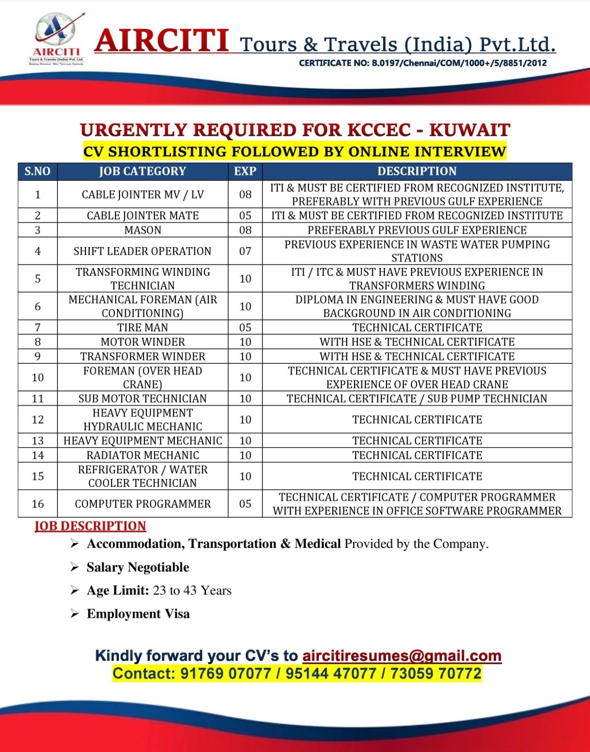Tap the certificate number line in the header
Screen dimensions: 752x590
(423, 63)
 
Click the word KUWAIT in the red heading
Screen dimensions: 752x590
(469, 130)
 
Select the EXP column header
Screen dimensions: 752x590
(245, 171)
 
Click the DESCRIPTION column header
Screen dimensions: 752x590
(417, 171)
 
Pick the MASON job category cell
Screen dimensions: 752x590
(142, 230)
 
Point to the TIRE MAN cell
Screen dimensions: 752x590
(142, 327)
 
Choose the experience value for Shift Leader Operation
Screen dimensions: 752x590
(245, 251)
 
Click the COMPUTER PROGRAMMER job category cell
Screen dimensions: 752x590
(142, 504)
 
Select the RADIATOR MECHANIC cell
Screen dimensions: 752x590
(142, 455)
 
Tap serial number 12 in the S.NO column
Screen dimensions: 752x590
(38, 419)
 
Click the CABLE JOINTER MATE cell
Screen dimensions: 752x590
(142, 216)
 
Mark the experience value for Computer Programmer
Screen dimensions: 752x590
(245, 504)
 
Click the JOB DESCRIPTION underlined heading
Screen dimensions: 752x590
(90, 526)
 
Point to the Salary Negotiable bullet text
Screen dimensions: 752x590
(138, 567)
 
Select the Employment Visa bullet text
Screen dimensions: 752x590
(138, 614)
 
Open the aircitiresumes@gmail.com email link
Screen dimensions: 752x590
(401, 656)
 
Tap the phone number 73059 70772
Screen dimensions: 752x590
(436, 674)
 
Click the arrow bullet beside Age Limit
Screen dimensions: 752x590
(74, 590)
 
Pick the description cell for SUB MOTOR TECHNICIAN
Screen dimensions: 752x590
(417, 399)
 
